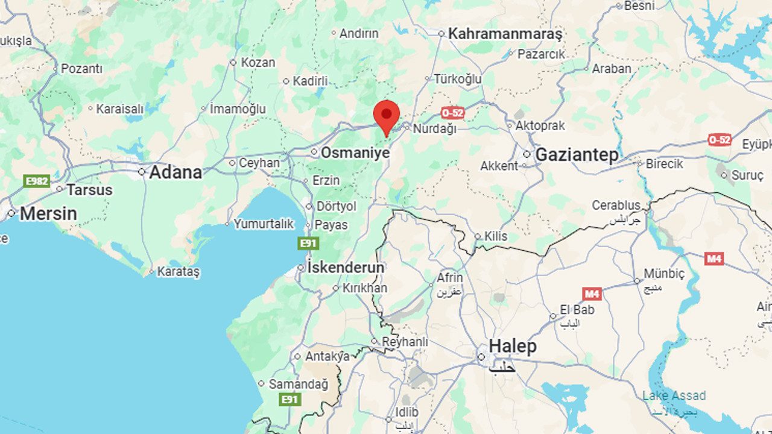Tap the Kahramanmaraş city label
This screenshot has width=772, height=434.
[505, 34]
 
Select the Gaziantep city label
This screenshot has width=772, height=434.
[577, 155]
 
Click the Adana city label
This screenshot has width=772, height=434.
[175, 172]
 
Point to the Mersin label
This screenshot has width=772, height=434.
[48, 213]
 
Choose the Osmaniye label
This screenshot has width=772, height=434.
[355, 153]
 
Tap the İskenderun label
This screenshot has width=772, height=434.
[346, 267]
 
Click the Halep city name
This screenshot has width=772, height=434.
[512, 347]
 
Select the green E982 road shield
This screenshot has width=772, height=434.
[36, 181]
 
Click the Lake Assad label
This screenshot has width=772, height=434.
[674, 396]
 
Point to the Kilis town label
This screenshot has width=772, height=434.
[496, 236]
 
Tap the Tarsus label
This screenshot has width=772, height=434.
[89, 190]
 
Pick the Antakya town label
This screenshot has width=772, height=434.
[327, 356]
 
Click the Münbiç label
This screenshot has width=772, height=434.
[664, 274]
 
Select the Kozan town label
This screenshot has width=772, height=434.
[258, 62]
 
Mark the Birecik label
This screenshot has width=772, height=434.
[664, 163]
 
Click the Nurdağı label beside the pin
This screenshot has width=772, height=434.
[434, 128]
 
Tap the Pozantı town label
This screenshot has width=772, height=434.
[81, 69]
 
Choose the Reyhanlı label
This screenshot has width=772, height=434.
[405, 342]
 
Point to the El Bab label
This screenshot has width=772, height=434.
[577, 310]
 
